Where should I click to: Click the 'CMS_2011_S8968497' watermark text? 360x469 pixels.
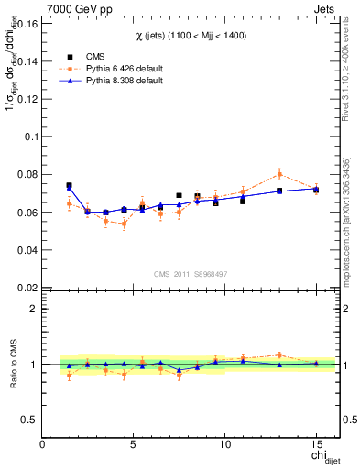pos(190,274)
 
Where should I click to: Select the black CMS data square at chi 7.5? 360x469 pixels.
pos(179,195)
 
